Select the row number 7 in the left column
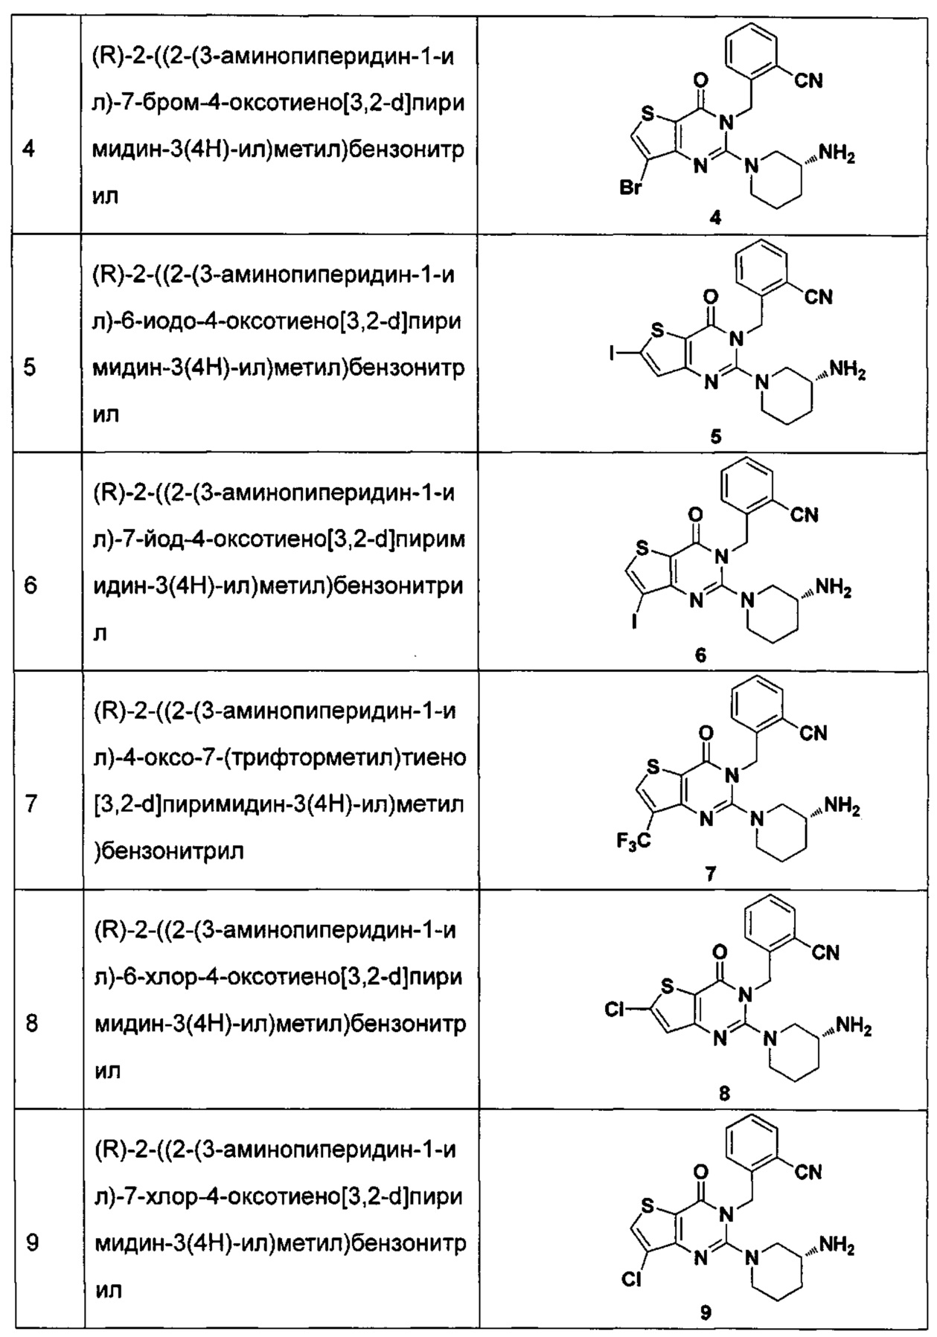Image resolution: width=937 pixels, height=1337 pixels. (31, 804)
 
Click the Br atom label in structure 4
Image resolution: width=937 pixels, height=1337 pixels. (630, 189)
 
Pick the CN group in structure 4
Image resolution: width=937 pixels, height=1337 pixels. (808, 80)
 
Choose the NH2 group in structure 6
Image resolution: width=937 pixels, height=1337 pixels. (834, 591)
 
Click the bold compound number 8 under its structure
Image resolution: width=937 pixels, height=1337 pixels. (725, 1093)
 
